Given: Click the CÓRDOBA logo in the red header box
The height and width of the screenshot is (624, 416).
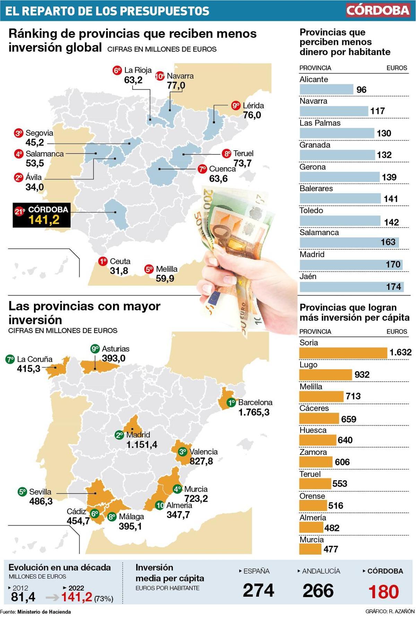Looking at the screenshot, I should pos(378,10).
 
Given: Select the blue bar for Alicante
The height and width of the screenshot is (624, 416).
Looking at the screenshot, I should pos(326,90).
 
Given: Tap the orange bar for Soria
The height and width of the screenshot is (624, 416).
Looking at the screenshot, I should pos(343,353).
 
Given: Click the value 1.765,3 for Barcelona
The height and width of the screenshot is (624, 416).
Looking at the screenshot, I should pos(254,412).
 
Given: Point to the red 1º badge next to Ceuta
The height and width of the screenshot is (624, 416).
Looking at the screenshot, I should pos(103,261).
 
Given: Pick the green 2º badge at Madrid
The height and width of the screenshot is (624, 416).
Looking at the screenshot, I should pos(120,435).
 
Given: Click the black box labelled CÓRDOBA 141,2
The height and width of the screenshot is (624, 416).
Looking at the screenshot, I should pos(42,215).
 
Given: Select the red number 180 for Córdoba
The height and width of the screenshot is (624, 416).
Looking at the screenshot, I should pos(383,592).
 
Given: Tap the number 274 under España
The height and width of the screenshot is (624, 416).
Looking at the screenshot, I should pos(258,591).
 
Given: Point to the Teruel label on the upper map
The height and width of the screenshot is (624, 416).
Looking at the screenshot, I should pos(243,153).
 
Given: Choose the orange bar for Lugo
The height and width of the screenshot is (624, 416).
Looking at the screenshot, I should pos(325,375).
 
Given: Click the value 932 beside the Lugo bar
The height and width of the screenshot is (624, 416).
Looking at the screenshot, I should pos(362,375).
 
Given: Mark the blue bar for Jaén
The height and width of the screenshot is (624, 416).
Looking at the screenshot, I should pos(351,287).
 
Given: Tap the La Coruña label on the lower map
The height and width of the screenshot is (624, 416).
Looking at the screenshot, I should pos(35,359).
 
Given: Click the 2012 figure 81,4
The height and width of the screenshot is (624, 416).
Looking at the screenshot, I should pos(23,597).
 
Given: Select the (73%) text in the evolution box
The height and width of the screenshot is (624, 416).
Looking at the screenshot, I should pos(104,599).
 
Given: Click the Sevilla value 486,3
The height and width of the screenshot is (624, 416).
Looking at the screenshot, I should pos(41,501).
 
